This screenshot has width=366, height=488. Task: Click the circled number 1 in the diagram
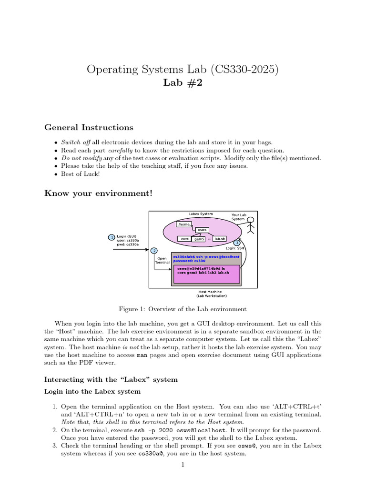click(112, 237)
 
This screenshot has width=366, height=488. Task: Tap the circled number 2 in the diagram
click(153, 251)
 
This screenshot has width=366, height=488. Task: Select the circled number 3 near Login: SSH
click(237, 243)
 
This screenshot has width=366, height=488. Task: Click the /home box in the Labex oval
click(183, 224)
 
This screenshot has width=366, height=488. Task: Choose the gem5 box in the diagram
click(199, 239)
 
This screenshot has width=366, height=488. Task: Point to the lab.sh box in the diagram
click(220, 239)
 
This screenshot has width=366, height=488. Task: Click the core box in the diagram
click(184, 239)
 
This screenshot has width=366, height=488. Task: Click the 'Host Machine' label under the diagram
click(210, 292)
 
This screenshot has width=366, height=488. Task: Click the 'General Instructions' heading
click(89, 128)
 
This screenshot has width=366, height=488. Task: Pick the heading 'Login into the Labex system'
click(92, 391)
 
